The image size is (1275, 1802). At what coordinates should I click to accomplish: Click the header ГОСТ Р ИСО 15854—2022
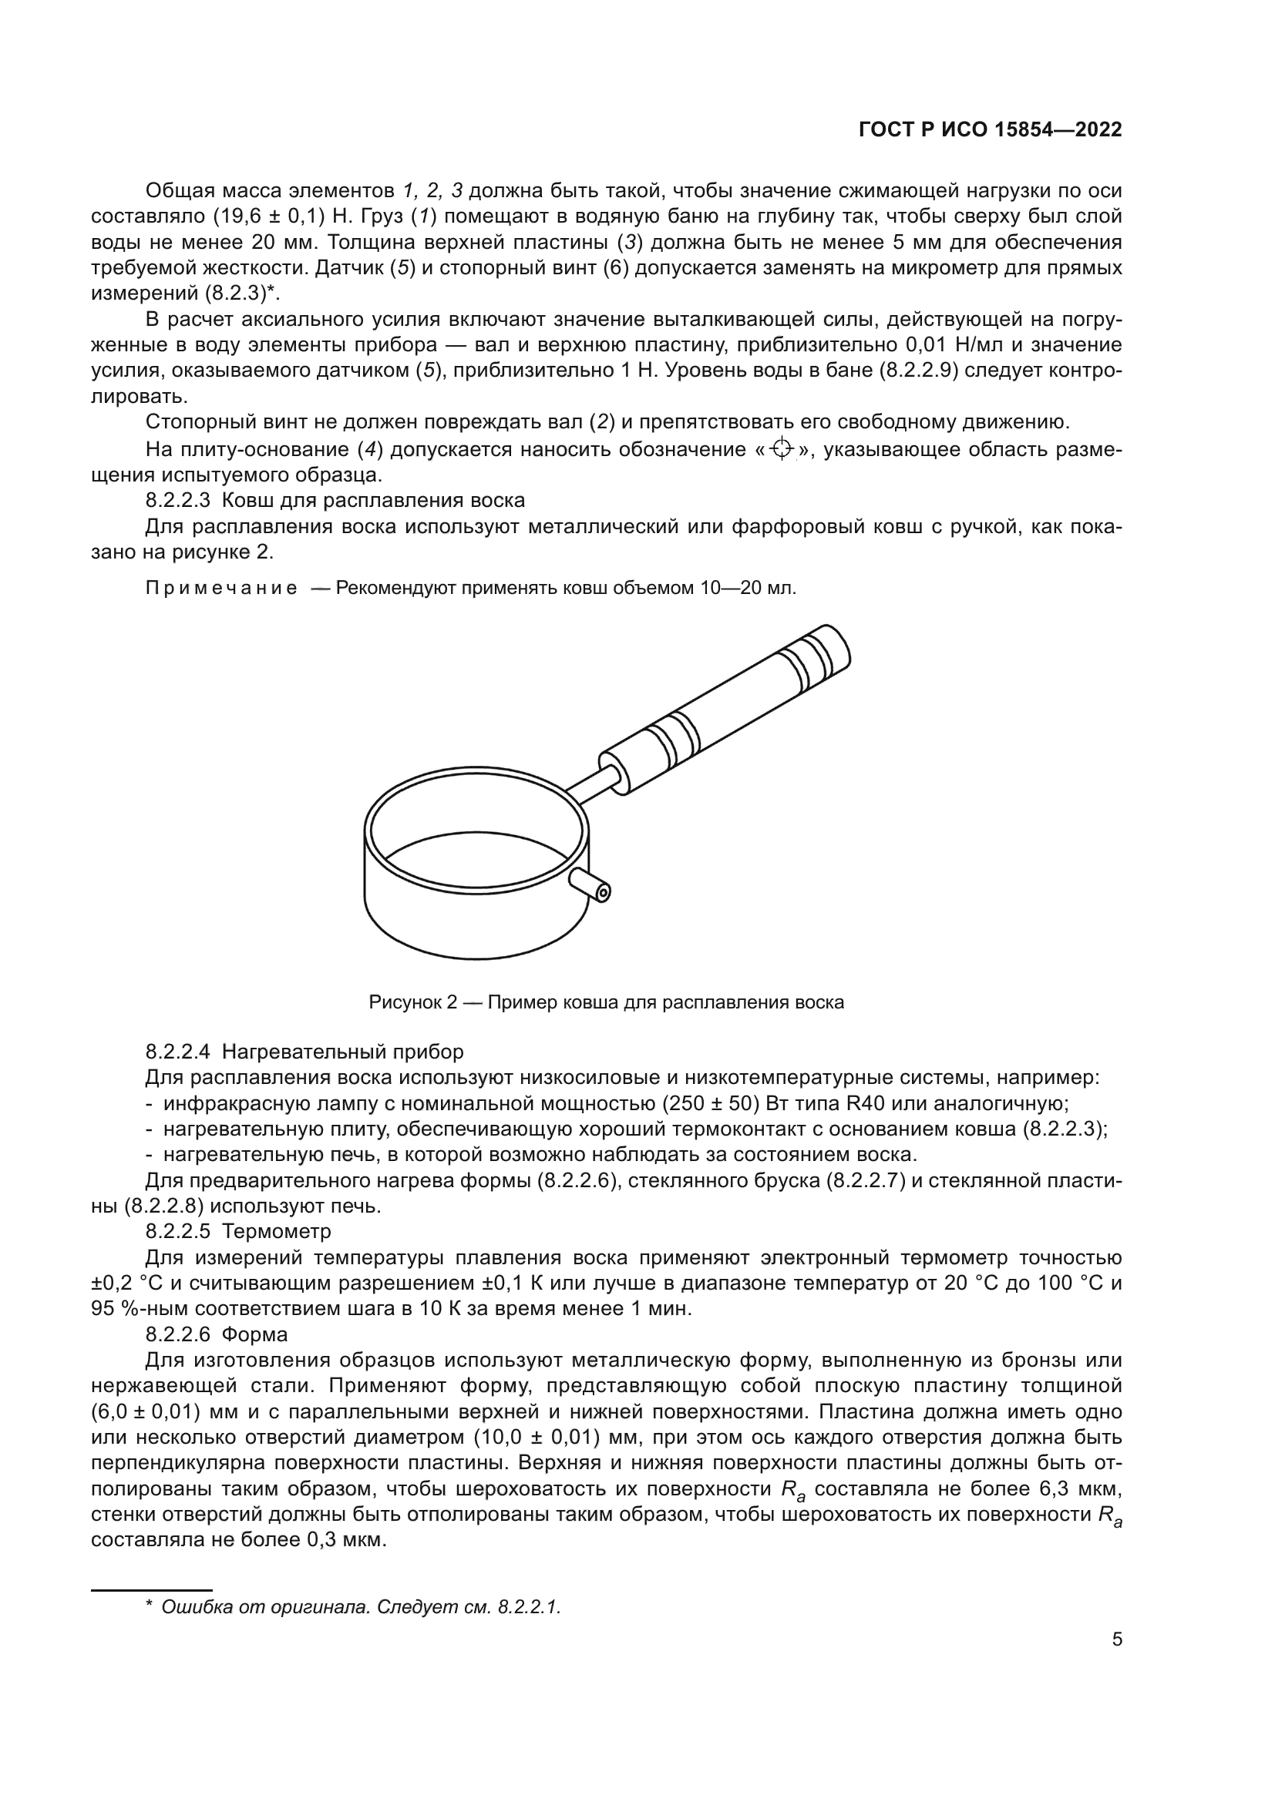(x=991, y=130)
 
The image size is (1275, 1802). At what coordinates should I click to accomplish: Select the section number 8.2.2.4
(x=177, y=1052)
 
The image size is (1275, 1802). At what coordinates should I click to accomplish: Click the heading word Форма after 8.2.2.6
(x=254, y=1334)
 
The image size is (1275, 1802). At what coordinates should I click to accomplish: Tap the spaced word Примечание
(x=222, y=589)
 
